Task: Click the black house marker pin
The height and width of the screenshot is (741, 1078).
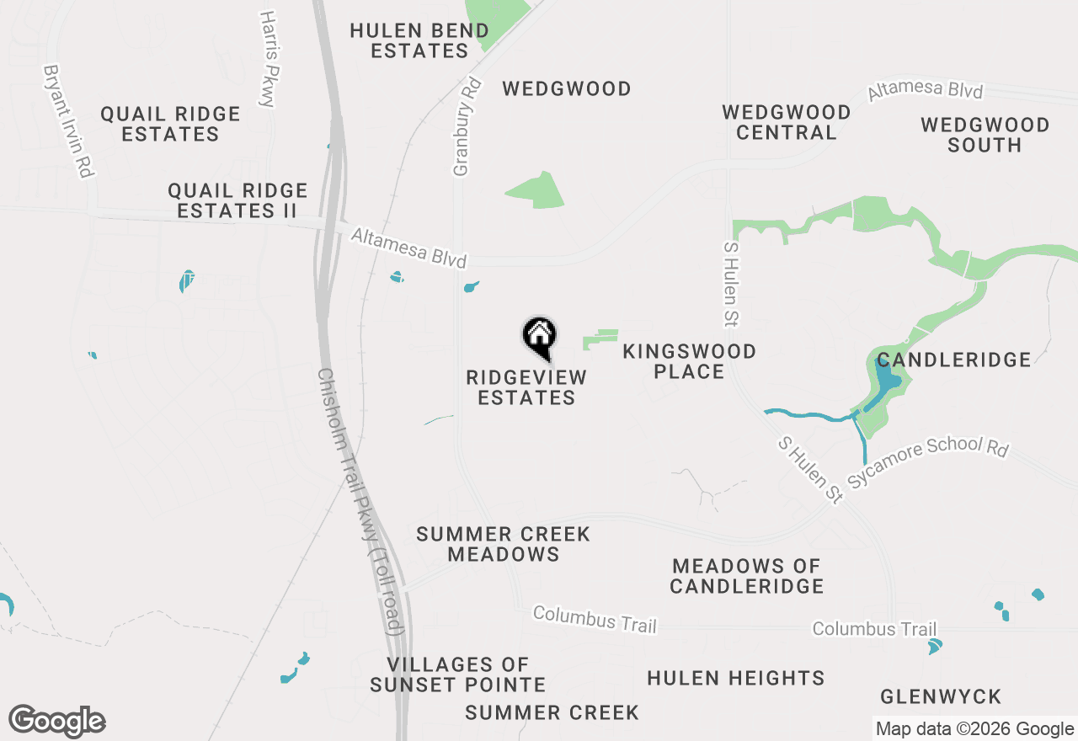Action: pyautogui.click(x=539, y=338)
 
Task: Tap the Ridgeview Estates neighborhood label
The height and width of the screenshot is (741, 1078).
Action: pyautogui.click(x=526, y=387)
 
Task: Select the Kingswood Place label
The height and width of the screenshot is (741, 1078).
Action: pyautogui.click(x=689, y=361)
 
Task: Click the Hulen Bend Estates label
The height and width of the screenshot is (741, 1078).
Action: pyautogui.click(x=419, y=40)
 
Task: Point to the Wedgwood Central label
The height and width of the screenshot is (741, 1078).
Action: pyautogui.click(x=787, y=122)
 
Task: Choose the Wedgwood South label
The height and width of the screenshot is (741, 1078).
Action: pyautogui.click(x=985, y=135)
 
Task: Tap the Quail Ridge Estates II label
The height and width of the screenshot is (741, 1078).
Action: pyautogui.click(x=237, y=200)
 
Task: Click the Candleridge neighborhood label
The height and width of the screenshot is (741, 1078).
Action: pyautogui.click(x=953, y=360)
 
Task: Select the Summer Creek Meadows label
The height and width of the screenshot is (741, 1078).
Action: pyautogui.click(x=503, y=544)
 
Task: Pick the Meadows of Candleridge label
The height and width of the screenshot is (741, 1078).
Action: pyautogui.click(x=746, y=576)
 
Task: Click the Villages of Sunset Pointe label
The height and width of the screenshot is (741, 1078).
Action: pyautogui.click(x=457, y=675)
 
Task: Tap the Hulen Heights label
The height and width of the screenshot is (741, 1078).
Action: pyautogui.click(x=735, y=678)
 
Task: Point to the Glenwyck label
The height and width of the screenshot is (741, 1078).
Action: pyautogui.click(x=940, y=697)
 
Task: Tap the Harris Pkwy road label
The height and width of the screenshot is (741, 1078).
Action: pyautogui.click(x=268, y=59)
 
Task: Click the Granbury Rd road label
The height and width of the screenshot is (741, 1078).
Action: pyautogui.click(x=467, y=126)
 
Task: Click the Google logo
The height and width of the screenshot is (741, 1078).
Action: pyautogui.click(x=57, y=722)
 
